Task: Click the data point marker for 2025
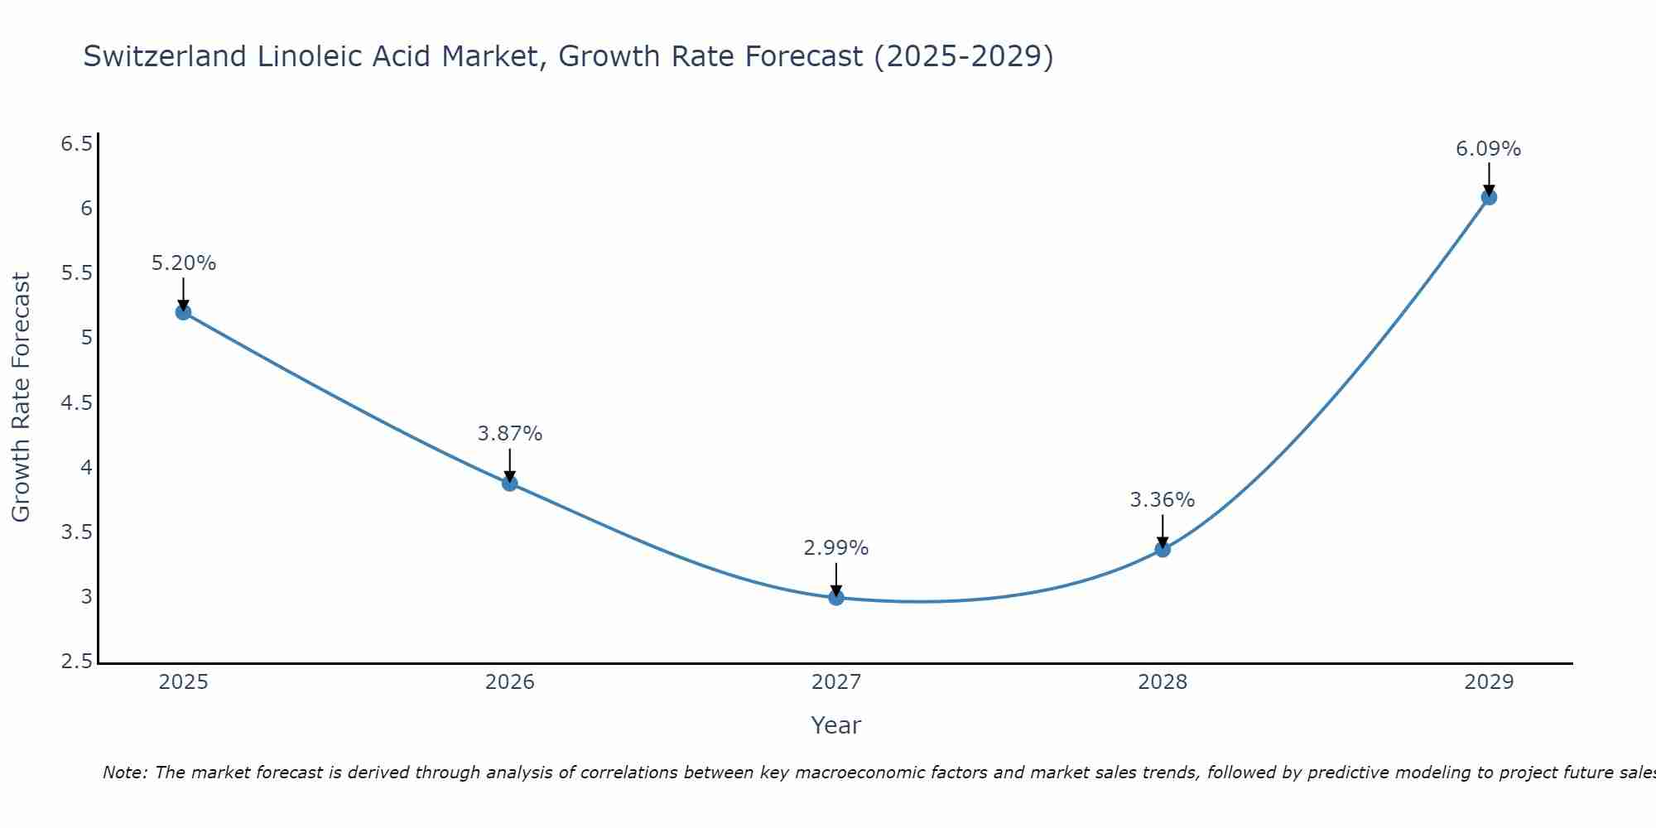pyautogui.click(x=183, y=312)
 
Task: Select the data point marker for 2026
pyautogui.click(x=510, y=484)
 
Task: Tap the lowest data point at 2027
pyautogui.click(x=836, y=597)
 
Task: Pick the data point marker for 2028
pyautogui.click(x=1163, y=549)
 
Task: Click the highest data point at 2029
pyautogui.click(x=1489, y=197)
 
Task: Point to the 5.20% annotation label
pyautogui.click(x=183, y=263)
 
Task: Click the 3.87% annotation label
pyautogui.click(x=510, y=434)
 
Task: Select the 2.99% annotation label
pyautogui.click(x=836, y=548)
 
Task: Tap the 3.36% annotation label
pyautogui.click(x=1163, y=500)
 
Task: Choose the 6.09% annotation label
pyautogui.click(x=1488, y=149)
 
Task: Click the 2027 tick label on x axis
pyautogui.click(x=836, y=682)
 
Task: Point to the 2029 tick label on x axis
pyautogui.click(x=1489, y=682)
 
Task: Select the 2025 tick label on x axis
pyautogui.click(x=183, y=682)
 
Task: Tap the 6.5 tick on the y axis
pyautogui.click(x=76, y=144)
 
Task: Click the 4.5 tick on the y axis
pyautogui.click(x=76, y=403)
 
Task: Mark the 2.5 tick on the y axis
pyautogui.click(x=76, y=662)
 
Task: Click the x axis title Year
pyautogui.click(x=836, y=725)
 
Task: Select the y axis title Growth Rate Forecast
pyautogui.click(x=21, y=397)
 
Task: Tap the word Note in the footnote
pyautogui.click(x=124, y=773)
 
